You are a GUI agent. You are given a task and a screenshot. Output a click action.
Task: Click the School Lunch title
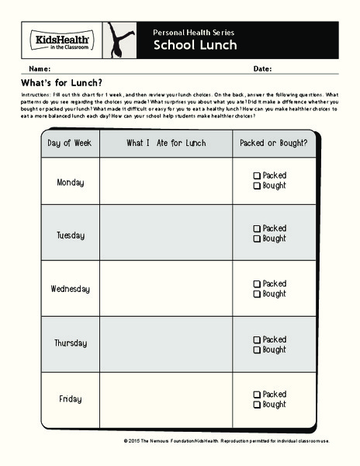coord(185,45)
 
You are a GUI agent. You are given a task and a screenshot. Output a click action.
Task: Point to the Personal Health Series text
coord(193,32)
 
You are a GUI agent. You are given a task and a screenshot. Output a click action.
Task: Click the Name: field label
coord(39,69)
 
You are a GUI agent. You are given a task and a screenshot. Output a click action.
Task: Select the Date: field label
coord(262,69)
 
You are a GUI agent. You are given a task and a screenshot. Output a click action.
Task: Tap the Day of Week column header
coord(70,144)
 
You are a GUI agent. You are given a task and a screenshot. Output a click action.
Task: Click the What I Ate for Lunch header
coord(166,144)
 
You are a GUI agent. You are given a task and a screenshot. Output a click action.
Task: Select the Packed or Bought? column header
coord(273,144)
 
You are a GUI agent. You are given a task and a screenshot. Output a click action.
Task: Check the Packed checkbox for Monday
coord(257,176)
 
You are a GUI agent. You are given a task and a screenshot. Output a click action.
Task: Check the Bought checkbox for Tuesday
coord(257,239)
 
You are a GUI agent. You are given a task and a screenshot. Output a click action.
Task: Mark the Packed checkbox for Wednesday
coord(257,284)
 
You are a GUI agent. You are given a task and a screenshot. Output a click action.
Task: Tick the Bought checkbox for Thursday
coord(257,350)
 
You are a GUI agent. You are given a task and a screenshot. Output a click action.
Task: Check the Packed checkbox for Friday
coord(257,395)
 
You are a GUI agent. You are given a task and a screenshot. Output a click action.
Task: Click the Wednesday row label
coord(70,289)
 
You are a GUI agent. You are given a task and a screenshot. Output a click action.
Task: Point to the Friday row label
coord(70,399)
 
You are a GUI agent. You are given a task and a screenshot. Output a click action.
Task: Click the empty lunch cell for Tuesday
coord(166,234)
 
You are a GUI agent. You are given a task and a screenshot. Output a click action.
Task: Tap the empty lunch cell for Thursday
coord(166,343)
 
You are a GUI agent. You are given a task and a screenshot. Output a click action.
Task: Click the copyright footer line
coord(226,441)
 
